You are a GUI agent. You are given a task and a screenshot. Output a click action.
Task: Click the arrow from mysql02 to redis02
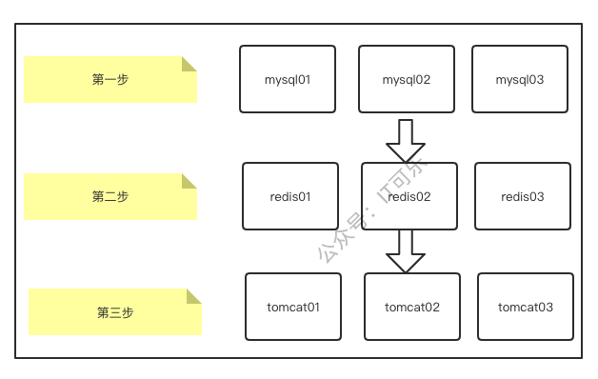pyautogui.click(x=406, y=141)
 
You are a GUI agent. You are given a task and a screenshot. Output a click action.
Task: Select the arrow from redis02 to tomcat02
pyautogui.click(x=406, y=250)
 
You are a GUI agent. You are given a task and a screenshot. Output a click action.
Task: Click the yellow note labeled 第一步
pyautogui.click(x=110, y=80)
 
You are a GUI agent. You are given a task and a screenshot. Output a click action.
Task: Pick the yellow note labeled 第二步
pyautogui.click(x=110, y=197)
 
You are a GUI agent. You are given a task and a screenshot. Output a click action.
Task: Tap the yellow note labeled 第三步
pyautogui.click(x=115, y=312)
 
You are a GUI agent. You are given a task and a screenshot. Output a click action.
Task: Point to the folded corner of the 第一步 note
pyautogui.click(x=189, y=64)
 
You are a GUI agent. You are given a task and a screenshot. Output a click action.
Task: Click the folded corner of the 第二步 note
pyautogui.click(x=189, y=181)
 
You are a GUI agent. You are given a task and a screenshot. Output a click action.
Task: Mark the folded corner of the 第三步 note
pyautogui.click(x=194, y=296)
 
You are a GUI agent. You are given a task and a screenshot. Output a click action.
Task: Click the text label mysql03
pyautogui.click(x=520, y=80)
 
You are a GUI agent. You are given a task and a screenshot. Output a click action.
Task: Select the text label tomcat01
pyautogui.click(x=293, y=308)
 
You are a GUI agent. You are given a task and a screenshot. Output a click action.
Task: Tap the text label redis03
pyautogui.click(x=523, y=197)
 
